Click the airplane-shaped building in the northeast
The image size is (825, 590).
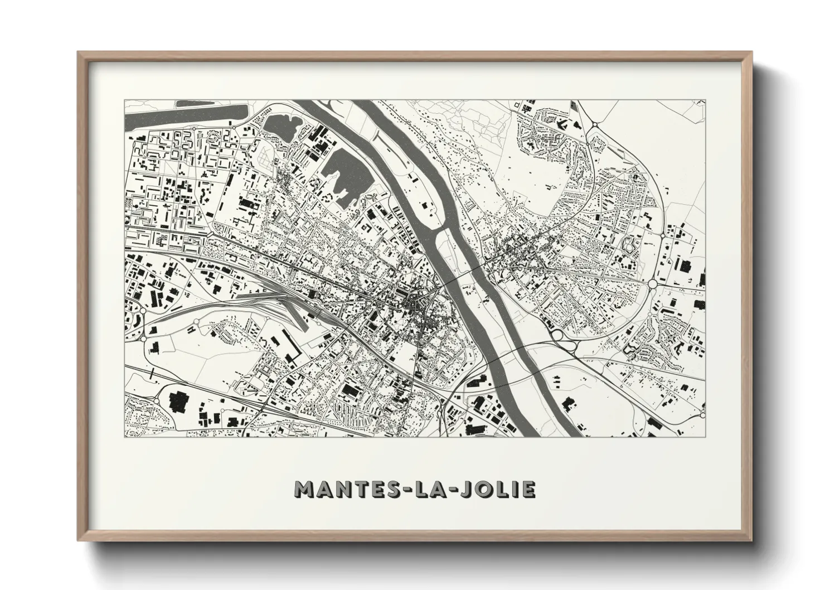[x=564, y=126]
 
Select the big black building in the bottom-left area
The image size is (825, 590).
[x=178, y=400]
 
